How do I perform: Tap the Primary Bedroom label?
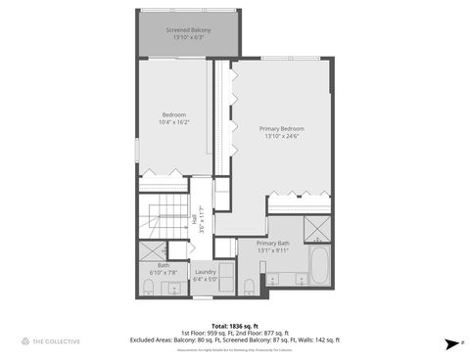pos(281,128)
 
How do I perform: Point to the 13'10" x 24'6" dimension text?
pos(281,136)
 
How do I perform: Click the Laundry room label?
pos(205,271)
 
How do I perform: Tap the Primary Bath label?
pos(273,243)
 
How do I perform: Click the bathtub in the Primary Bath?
pos(318,265)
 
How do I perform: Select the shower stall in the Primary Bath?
pos(317,229)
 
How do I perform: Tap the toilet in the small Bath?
pos(147,286)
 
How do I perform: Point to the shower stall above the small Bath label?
pos(151,250)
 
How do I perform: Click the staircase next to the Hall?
pos(163,216)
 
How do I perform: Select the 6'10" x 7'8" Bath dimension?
pos(164,272)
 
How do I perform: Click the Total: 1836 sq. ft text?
pos(235,325)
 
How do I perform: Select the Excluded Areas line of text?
pos(235,339)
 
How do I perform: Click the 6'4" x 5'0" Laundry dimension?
pos(205,279)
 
